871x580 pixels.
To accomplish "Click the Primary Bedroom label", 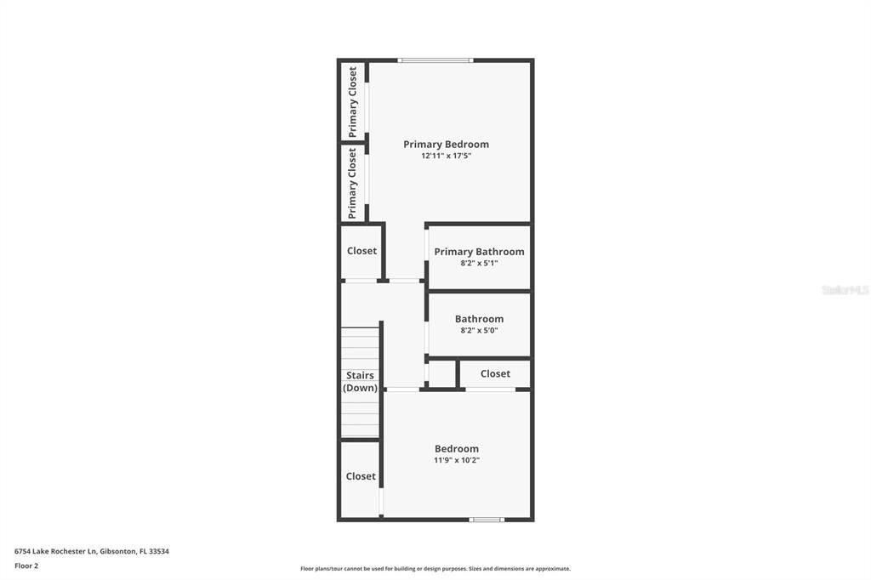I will point(446,145).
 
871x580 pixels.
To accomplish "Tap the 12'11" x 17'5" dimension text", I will point(446,156).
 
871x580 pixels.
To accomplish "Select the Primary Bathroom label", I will point(479,252).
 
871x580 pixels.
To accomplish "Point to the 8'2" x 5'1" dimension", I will point(479,264).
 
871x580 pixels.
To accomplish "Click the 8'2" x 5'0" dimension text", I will point(479,331).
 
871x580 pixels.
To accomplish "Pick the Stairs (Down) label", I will point(360,382).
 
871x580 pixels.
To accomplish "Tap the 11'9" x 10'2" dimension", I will point(457,461).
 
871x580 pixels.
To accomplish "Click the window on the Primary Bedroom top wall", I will point(435,60).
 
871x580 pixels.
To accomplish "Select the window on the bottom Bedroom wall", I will point(486,519).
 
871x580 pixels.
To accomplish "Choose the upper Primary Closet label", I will point(353,102).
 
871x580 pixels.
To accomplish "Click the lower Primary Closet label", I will point(353,183).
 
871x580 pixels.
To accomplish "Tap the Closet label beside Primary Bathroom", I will point(361,251).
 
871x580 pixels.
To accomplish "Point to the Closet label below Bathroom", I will point(495,373).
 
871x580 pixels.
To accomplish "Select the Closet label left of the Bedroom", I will point(361,476).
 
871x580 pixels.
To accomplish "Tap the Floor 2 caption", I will point(26,566).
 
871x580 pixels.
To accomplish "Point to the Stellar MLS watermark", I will point(845,290).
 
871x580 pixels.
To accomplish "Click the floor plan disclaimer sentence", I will point(435,569).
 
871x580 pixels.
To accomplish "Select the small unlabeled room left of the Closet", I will point(441,373).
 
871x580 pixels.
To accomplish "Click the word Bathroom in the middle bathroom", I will point(479,319).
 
